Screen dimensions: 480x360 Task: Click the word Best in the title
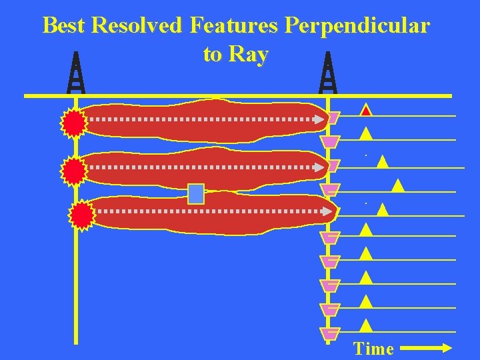[65, 26]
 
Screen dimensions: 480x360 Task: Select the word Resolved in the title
[137, 26]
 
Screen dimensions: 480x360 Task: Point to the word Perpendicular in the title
[357, 26]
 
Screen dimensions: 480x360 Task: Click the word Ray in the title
[249, 55]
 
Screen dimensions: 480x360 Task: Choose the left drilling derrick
[77, 73]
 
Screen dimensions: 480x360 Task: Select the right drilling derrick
[328, 73]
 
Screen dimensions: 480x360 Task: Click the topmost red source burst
[74, 123]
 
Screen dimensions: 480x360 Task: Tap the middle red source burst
[73, 171]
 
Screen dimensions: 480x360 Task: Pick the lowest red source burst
[83, 215]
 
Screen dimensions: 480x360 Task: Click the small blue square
[195, 193]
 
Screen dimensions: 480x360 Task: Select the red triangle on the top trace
[366, 111]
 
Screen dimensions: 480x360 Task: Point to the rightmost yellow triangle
[397, 186]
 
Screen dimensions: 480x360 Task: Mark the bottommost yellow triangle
[365, 325]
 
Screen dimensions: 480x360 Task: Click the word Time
[374, 349]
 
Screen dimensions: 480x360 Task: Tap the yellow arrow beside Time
[427, 347]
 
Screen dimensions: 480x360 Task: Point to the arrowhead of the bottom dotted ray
[327, 212]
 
